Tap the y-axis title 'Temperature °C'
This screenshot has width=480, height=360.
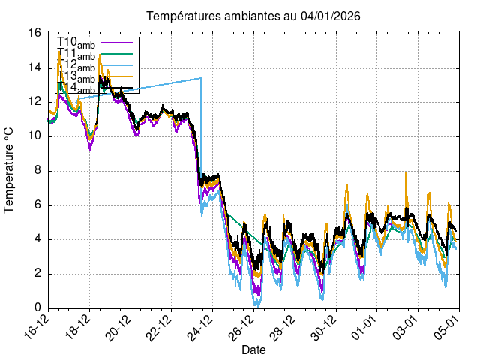(10, 169)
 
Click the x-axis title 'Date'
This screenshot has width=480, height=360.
(253, 349)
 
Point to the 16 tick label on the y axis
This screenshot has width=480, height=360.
(35, 33)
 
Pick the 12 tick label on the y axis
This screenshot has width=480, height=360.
(35, 102)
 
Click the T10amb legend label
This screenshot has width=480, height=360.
(76, 43)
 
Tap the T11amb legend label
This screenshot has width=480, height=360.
(76, 55)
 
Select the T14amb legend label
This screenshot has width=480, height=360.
(76, 89)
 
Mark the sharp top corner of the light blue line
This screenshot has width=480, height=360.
(201, 78)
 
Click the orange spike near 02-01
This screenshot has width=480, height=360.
(406, 173)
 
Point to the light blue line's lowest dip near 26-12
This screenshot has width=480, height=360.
(256, 304)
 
